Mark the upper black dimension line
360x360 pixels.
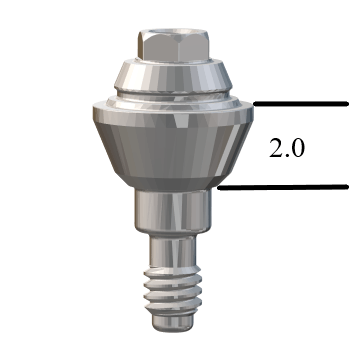coord(300,103)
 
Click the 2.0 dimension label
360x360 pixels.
coord(287,148)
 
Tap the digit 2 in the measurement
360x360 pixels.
coord(275,148)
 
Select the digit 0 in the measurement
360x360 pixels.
coord(298,148)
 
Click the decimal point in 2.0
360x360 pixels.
coord(287,156)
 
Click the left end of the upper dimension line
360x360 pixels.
coord(256,103)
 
